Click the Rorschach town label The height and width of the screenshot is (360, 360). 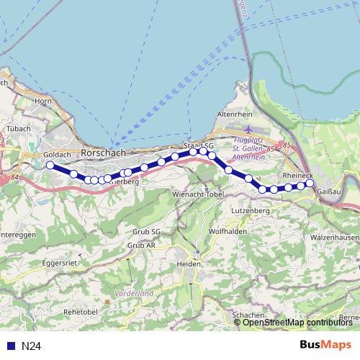click(x=104, y=153)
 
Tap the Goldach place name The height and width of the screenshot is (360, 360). click(x=56, y=154)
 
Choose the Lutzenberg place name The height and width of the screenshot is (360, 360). click(x=250, y=210)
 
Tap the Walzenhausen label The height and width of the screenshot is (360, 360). click(x=334, y=237)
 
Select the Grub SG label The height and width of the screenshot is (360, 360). click(x=146, y=232)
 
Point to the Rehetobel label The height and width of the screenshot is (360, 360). click(x=81, y=311)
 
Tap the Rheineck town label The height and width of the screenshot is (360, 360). click(x=298, y=175)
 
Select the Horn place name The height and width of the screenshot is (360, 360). click(x=42, y=102)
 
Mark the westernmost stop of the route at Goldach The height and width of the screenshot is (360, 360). click(x=50, y=166)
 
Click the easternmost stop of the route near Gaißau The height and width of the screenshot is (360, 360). click(x=310, y=183)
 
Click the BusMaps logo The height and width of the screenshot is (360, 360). click(x=325, y=346)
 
